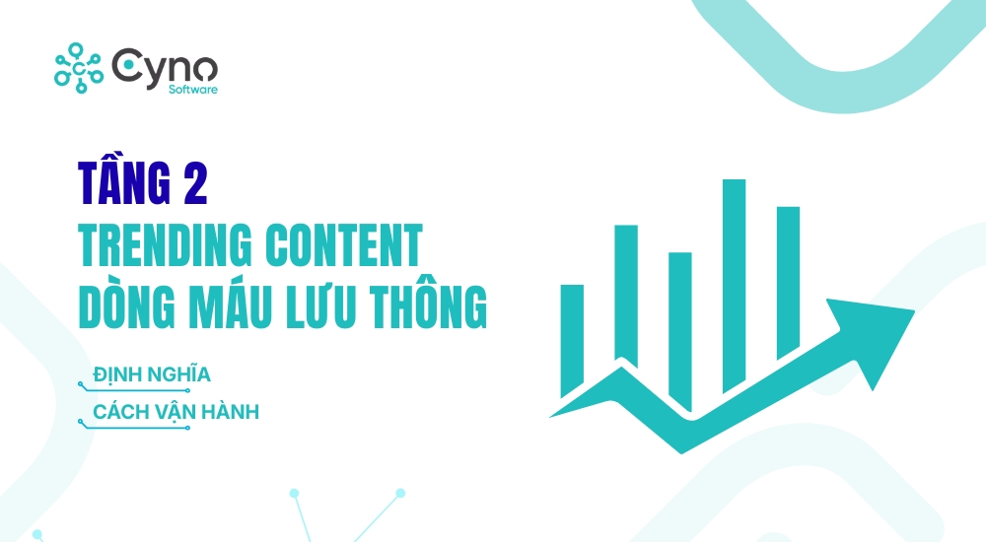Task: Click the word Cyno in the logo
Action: coord(164,67)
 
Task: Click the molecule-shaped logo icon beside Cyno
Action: coord(78,67)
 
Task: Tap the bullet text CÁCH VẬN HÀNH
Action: coord(176,412)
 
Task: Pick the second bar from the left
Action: coord(626,296)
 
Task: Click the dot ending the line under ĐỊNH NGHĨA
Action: coord(187,390)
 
